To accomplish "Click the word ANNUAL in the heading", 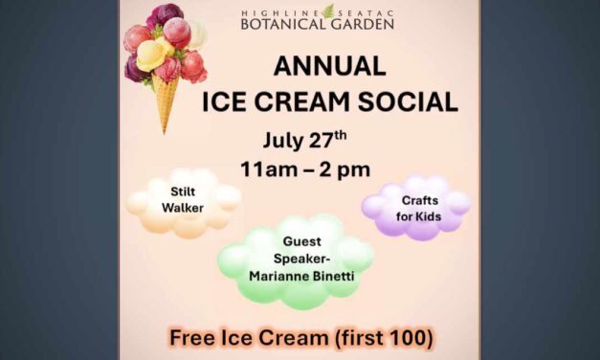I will (x=329, y=67).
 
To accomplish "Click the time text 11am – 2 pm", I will (x=305, y=169).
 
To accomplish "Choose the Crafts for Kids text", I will (x=417, y=207).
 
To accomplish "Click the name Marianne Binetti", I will (x=298, y=277).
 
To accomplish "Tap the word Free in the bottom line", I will (x=191, y=337).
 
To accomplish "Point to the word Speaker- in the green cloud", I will (x=298, y=259).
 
